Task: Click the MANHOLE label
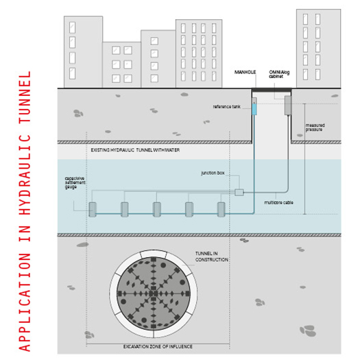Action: [245, 72]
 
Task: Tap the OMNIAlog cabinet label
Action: [279, 74]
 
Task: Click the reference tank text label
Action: [226, 107]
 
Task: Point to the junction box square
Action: [239, 192]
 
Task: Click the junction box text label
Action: [213, 173]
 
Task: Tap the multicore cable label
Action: [278, 202]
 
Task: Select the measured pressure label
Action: [315, 128]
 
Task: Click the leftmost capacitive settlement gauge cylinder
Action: [93, 209]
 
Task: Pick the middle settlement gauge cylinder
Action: [157, 209]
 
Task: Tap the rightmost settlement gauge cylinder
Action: [221, 209]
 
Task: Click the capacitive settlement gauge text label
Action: [75, 183]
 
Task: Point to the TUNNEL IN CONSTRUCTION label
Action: [212, 256]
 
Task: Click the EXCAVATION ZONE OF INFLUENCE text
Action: [158, 347]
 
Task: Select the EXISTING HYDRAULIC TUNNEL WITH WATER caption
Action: [135, 150]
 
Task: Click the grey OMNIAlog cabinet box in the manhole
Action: [288, 106]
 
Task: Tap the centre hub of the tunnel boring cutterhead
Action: [154, 293]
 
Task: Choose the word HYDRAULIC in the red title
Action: [25, 174]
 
